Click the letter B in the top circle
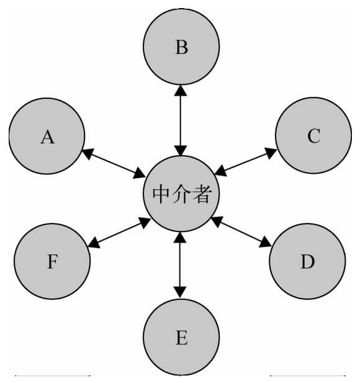[x=181, y=47]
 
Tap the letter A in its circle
[x=47, y=137]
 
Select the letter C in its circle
[x=314, y=136]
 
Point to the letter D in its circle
[x=307, y=261]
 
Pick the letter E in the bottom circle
[x=182, y=337]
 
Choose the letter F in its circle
[x=53, y=261]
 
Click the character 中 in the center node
[x=161, y=194]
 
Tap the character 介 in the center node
[x=181, y=194]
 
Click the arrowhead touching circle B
[x=181, y=90]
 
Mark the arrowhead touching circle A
[x=88, y=153]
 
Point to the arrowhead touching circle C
[x=271, y=153]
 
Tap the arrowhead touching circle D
[x=265, y=242]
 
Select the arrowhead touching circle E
[x=180, y=292]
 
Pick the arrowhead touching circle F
[x=94, y=243]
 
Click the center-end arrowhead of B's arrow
[x=181, y=150]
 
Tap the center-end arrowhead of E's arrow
[x=180, y=237]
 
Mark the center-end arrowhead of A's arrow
[x=139, y=173]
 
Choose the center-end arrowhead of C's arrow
[x=221, y=171]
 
